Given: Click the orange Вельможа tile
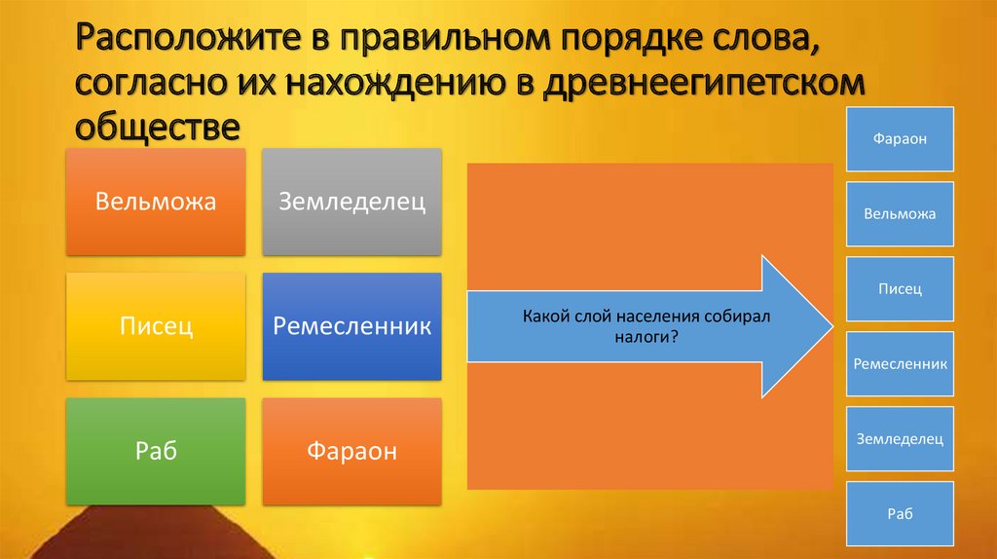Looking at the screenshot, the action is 156,203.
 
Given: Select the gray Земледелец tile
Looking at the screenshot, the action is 351,203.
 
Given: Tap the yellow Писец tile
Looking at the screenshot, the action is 156,327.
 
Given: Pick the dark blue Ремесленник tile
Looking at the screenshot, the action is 351,327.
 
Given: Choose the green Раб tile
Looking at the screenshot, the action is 156,452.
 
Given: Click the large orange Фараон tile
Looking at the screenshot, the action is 351,452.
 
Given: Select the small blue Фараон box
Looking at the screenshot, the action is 900,139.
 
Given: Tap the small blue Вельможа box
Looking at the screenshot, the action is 900,213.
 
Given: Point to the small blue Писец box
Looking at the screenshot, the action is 900,288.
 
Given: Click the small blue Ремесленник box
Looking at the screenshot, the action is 900,364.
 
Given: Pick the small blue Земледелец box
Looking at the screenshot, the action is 900,439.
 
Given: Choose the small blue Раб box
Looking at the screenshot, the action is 900,514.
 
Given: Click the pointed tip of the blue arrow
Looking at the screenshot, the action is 832,327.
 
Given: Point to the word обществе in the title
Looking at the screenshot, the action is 158,127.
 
